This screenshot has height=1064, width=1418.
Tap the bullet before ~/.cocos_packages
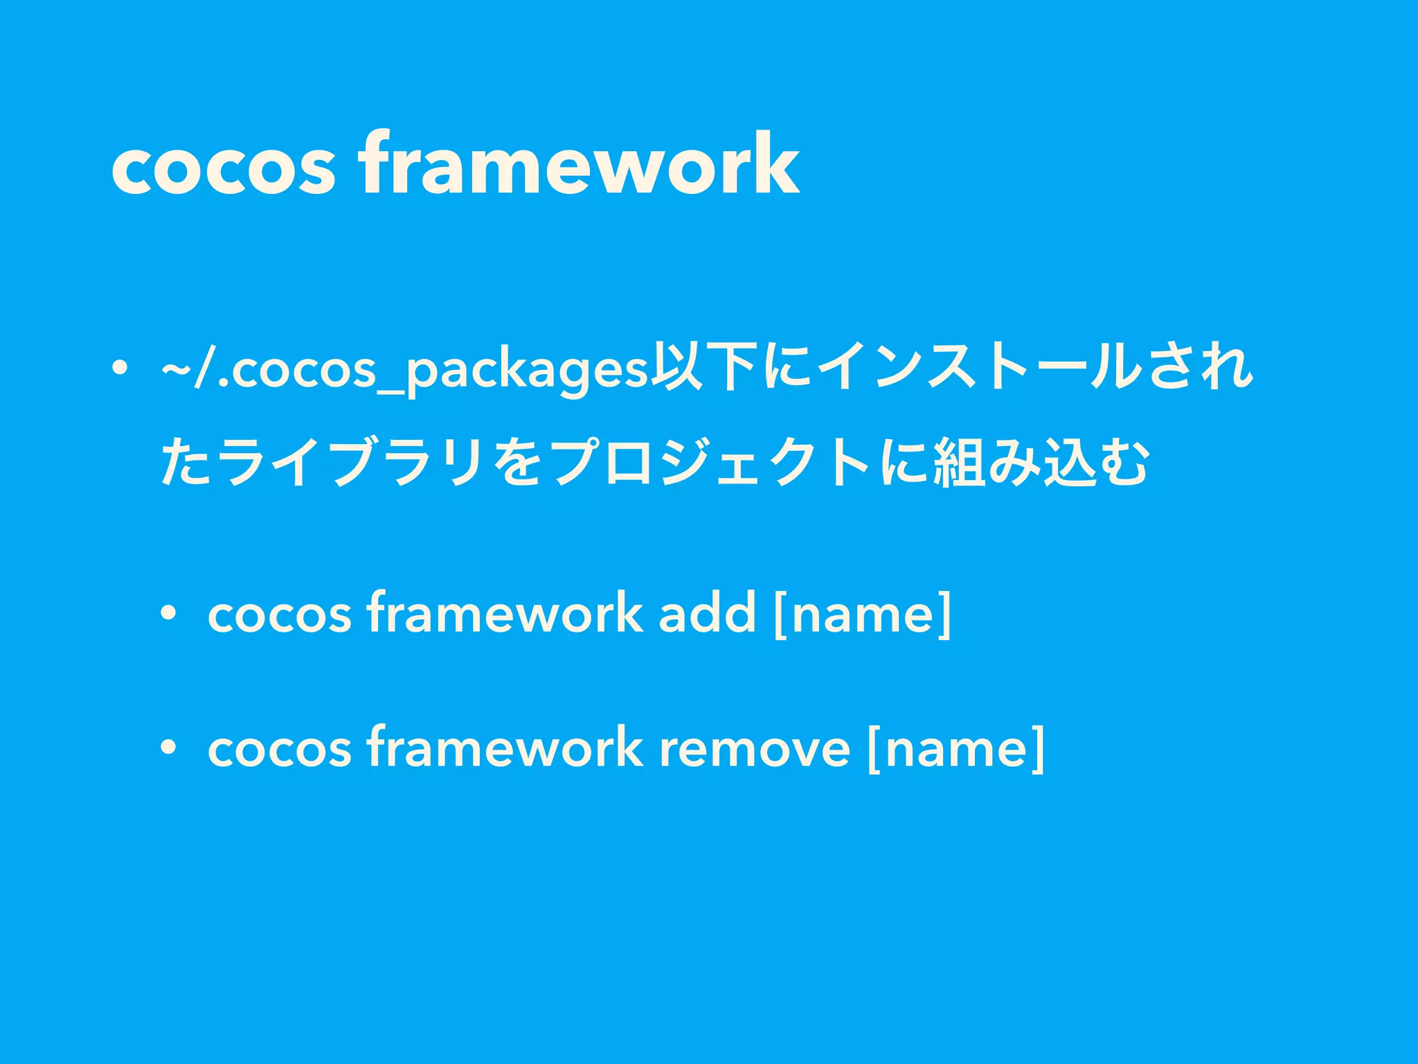pos(120,367)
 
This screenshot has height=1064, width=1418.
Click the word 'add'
pos(707,612)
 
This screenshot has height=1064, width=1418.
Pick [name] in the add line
pos(863,614)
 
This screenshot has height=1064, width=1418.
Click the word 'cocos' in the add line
pos(280,614)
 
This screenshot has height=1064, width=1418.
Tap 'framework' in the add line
pos(505,612)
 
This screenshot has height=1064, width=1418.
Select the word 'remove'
pos(754,749)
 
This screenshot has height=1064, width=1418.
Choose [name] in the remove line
pos(955,749)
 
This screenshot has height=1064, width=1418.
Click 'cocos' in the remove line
pos(280,749)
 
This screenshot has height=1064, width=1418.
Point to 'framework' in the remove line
pos(505,747)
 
